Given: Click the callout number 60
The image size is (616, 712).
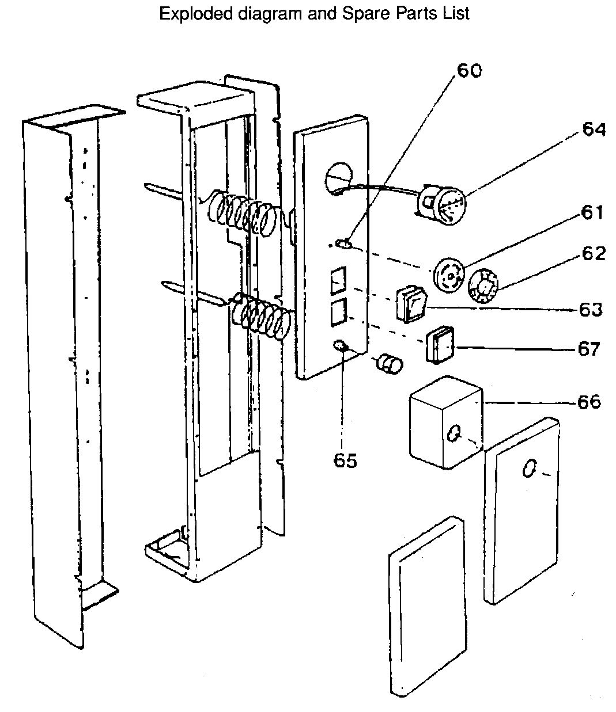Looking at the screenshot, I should pos(470,70).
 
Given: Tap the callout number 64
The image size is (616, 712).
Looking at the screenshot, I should pos(593,130).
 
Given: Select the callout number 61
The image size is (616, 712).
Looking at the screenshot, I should pos(592,213).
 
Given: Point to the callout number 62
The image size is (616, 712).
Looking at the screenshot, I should pos(593,253).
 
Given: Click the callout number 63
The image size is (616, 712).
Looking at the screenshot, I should pos(590,309).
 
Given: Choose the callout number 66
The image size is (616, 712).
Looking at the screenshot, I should pos(588,401).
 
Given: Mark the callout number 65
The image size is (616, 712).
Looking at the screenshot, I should pos(345,460).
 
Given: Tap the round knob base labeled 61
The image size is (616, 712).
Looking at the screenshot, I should pos(448,275).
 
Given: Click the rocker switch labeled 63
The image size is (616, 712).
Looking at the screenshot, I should pos(410,304).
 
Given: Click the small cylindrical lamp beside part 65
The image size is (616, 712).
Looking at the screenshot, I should pos(389,364).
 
